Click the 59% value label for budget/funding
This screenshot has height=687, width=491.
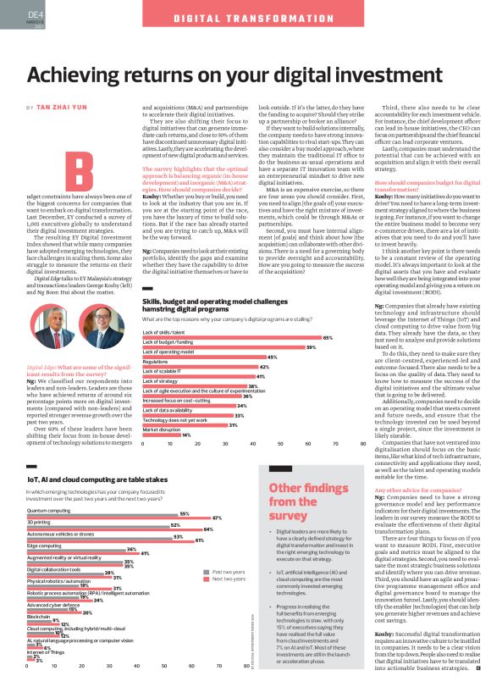tap(311, 347)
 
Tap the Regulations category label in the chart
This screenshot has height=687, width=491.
tap(156, 361)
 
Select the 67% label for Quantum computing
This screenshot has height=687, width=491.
tap(217, 518)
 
